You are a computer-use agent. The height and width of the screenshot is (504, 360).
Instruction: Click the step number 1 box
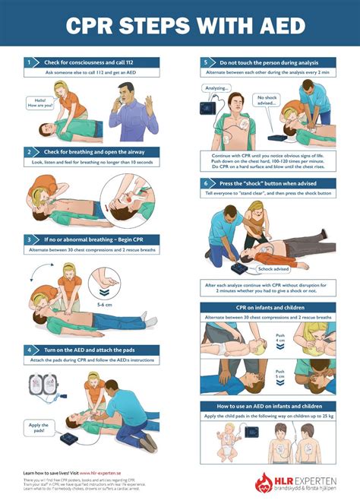point(29,62)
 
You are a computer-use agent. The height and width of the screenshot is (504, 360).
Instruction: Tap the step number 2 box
point(29,152)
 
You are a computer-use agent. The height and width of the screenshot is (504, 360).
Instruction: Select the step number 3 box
point(29,239)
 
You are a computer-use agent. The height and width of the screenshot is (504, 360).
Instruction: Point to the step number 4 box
point(29,328)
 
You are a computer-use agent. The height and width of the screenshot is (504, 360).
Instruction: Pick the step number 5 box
point(205,62)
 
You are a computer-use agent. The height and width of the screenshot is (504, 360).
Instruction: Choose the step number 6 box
point(205,183)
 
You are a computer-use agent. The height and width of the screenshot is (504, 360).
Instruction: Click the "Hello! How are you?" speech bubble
point(37,103)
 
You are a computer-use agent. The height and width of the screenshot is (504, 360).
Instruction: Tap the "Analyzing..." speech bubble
point(216,88)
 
